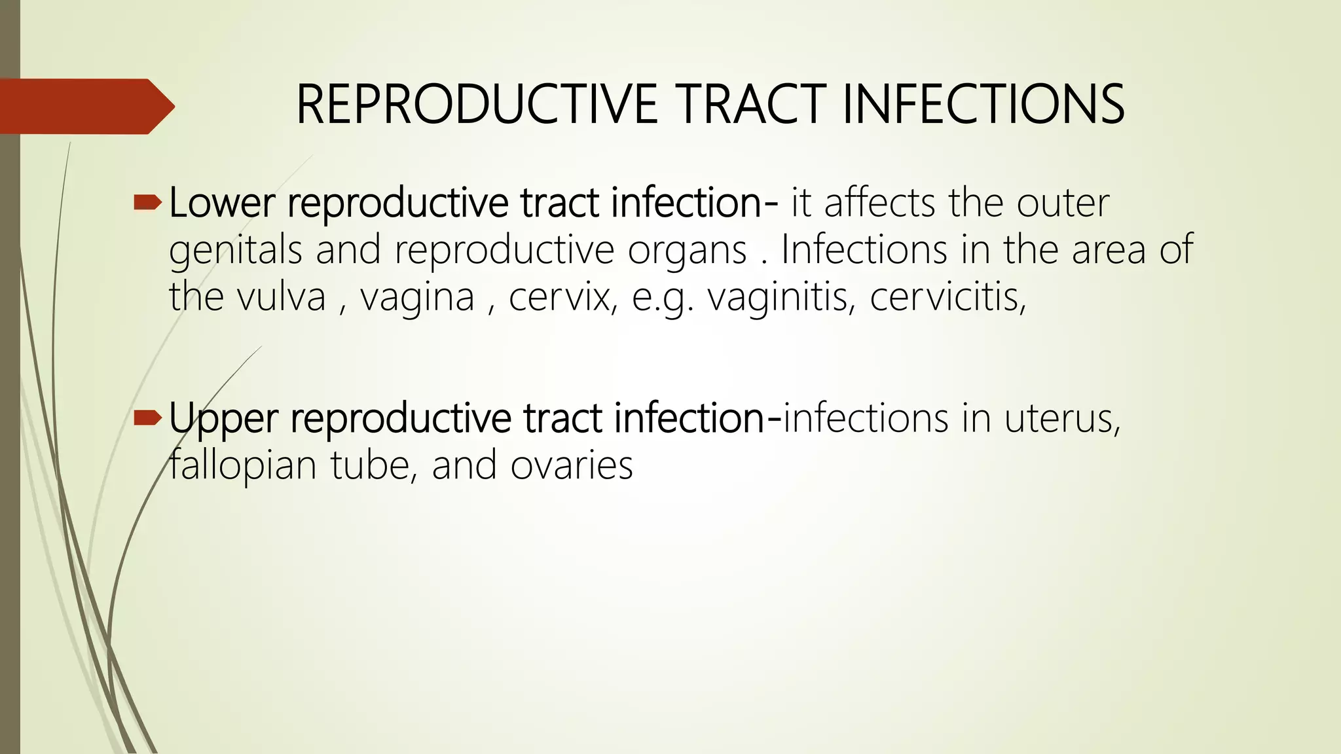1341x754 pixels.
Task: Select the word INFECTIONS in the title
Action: [x=983, y=105]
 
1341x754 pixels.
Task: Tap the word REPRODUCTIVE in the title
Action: [x=477, y=105]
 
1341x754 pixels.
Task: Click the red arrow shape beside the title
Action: [x=85, y=106]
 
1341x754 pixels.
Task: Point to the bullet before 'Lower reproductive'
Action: [x=147, y=204]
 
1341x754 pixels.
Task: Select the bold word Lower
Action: [x=221, y=203]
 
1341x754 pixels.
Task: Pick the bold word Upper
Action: [x=223, y=419]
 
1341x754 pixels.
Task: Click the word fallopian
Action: [x=243, y=466]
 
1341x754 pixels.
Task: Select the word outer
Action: [x=1063, y=203]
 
